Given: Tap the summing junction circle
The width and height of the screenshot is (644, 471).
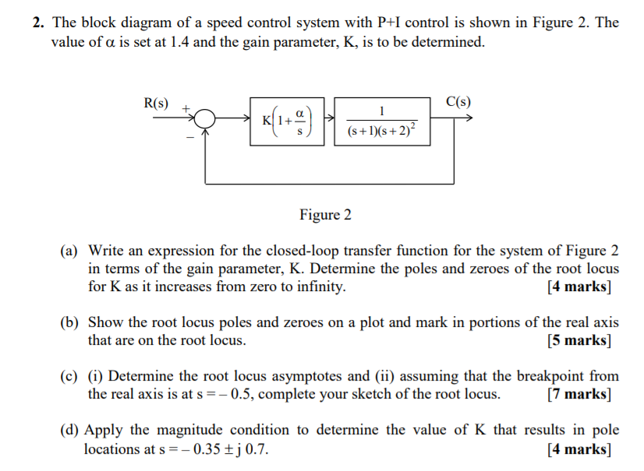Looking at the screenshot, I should pos(205,120).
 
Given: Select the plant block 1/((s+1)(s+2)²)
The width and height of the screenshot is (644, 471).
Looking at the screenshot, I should pos(382,121).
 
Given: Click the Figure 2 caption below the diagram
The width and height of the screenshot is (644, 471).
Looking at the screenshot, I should pos(325,215).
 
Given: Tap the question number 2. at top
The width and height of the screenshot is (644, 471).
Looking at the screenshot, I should pos(38,23).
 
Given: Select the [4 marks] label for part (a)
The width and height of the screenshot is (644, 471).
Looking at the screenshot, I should pos(579,286).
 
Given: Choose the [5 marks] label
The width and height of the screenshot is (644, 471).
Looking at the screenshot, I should pos(579,340).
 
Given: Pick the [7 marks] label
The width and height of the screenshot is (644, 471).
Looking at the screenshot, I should pos(579,394).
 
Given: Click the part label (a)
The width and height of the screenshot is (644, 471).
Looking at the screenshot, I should pos(70,251).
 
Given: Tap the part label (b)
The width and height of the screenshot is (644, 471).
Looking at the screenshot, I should pos(70,322).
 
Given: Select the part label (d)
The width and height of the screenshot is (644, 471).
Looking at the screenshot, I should pos(70,430).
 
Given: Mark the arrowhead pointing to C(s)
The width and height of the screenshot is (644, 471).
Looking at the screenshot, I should pos(467,120).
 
